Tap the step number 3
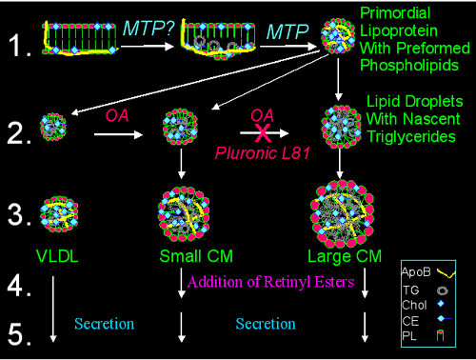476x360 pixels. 18,210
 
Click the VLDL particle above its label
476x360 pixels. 55,211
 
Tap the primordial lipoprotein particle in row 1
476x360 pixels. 339,34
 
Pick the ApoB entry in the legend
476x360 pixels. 431,270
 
